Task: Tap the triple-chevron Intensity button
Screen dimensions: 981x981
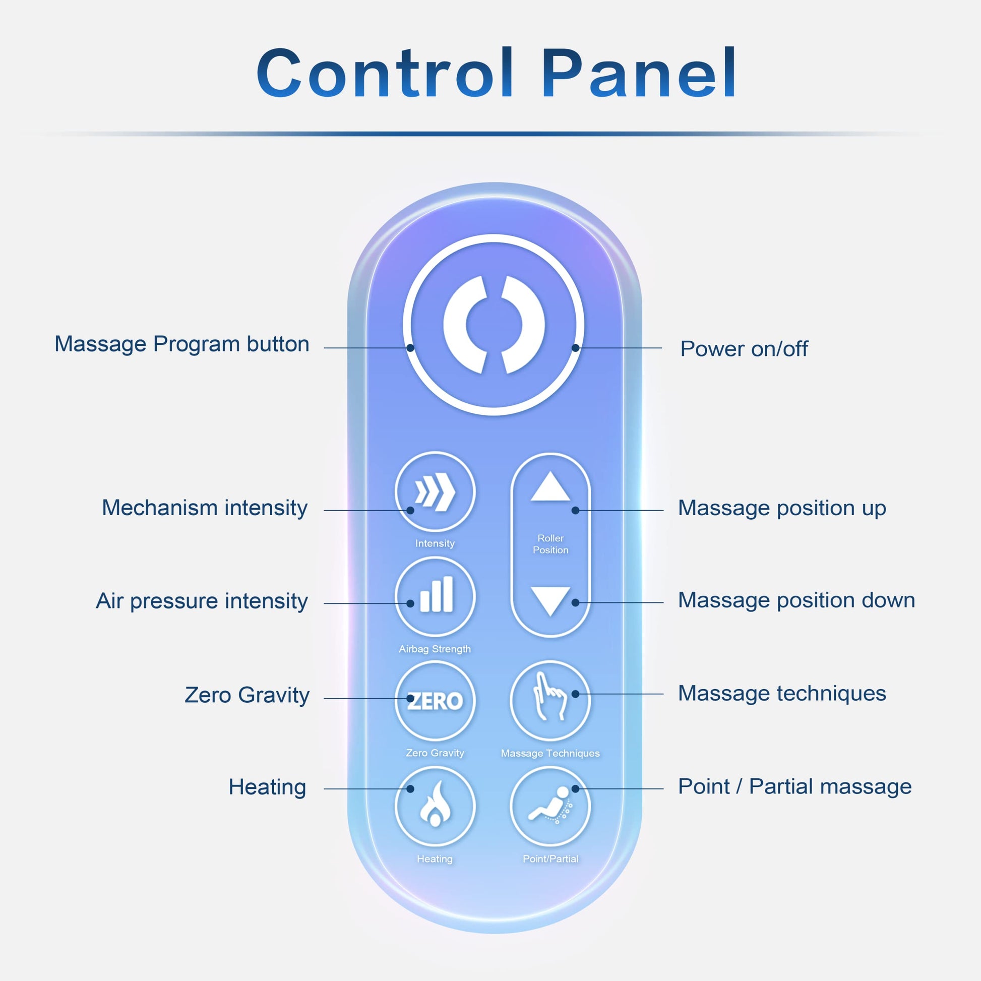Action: (435, 492)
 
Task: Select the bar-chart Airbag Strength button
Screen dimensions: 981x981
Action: (435, 596)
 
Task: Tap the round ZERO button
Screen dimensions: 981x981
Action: (435, 701)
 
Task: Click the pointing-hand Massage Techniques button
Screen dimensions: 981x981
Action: (550, 701)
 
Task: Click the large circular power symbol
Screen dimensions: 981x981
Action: (494, 325)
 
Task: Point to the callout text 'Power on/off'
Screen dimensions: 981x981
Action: (744, 349)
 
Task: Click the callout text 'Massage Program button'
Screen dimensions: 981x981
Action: (182, 344)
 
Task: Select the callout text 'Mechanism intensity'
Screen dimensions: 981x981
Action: (205, 508)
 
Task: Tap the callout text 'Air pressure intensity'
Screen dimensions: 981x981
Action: (202, 601)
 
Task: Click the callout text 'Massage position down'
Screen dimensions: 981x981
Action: (796, 600)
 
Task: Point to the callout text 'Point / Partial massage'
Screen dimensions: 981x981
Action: (794, 786)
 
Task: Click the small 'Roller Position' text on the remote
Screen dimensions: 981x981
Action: (550, 544)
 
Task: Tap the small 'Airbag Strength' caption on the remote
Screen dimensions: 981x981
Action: (435, 649)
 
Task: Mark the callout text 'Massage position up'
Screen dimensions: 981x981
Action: (782, 508)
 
